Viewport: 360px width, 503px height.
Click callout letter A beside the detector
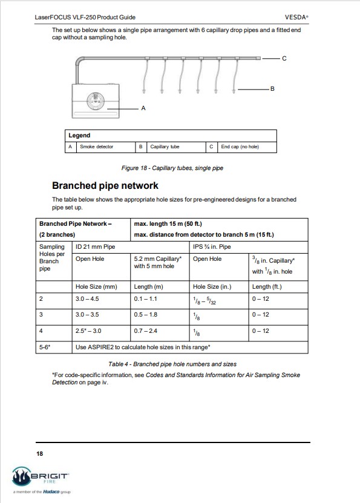(x=143, y=108)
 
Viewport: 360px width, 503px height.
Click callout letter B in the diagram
(x=272, y=89)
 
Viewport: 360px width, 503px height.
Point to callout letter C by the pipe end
(x=284, y=58)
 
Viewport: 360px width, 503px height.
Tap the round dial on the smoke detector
(x=95, y=101)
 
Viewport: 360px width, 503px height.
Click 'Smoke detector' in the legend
(x=96, y=147)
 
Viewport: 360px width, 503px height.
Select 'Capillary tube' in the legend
(x=165, y=147)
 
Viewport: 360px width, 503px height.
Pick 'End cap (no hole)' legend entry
(x=240, y=147)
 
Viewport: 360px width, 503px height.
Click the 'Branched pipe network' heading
(x=105, y=185)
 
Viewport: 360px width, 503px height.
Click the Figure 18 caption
(x=172, y=168)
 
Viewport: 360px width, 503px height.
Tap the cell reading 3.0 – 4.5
(x=87, y=299)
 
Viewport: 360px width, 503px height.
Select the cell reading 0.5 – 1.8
(x=146, y=315)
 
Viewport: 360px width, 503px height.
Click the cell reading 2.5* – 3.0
(x=88, y=330)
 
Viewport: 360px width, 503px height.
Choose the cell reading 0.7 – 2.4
(x=146, y=330)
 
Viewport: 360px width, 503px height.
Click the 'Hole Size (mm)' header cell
(x=96, y=287)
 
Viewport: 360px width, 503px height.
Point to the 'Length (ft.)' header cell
(x=267, y=287)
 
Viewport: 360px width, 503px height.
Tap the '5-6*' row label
(x=45, y=347)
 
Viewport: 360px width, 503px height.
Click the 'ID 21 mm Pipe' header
(x=95, y=247)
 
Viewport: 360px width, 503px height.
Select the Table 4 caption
(x=172, y=364)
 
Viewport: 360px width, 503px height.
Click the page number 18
(x=40, y=453)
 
